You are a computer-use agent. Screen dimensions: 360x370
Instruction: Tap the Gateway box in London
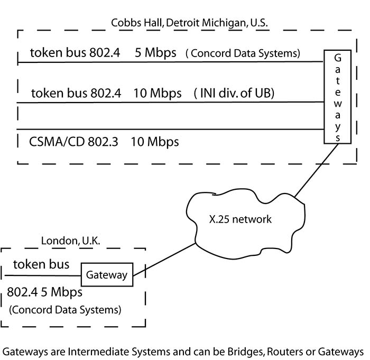(107, 275)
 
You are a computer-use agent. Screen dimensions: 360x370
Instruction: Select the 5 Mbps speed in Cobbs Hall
(155, 53)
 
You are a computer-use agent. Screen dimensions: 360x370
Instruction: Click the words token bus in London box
(41, 264)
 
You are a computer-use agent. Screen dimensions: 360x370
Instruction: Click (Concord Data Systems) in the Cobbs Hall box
(243, 53)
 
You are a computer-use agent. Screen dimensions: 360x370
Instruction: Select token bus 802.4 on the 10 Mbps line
(77, 94)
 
